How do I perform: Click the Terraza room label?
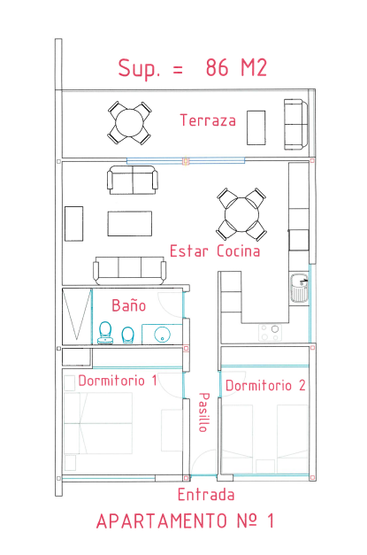tap(208, 120)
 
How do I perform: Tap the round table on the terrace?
tap(130, 123)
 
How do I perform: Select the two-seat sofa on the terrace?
tap(296, 124)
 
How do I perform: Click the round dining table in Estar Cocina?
tap(241, 214)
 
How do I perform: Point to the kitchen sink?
tap(300, 288)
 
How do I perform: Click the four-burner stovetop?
tap(270, 333)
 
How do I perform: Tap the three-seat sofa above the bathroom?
tap(129, 271)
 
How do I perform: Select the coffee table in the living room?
tap(130, 223)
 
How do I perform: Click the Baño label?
tap(129, 305)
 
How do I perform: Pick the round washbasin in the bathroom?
tap(163, 334)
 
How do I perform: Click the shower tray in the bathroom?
tap(77, 316)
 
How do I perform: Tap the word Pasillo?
tap(204, 412)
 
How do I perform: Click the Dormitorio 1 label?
tap(118, 381)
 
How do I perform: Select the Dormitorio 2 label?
tap(265, 385)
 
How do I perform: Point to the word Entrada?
tap(206, 495)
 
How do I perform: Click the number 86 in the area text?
tap(217, 67)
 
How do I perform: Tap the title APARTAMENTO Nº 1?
tap(185, 521)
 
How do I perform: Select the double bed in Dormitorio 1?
tap(98, 423)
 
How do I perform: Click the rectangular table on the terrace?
tap(256, 127)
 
